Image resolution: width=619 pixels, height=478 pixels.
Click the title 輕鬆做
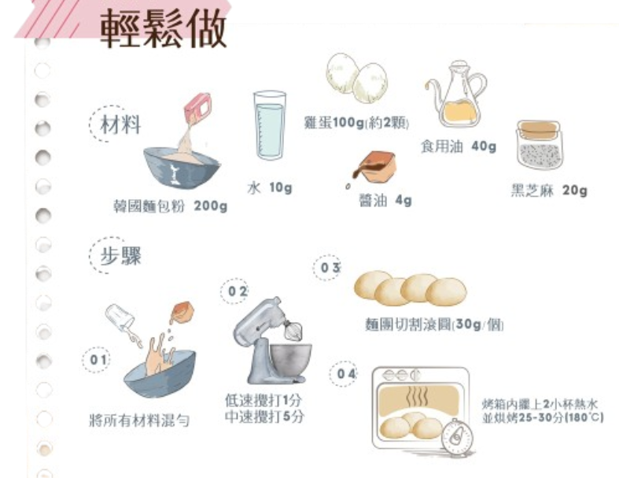(x=164, y=29)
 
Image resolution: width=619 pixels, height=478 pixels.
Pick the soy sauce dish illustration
(x=374, y=168)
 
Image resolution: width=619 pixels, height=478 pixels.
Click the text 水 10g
(x=270, y=187)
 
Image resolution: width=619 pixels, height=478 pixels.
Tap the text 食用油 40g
(x=459, y=147)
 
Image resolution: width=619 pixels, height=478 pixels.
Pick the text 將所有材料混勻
(x=139, y=421)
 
